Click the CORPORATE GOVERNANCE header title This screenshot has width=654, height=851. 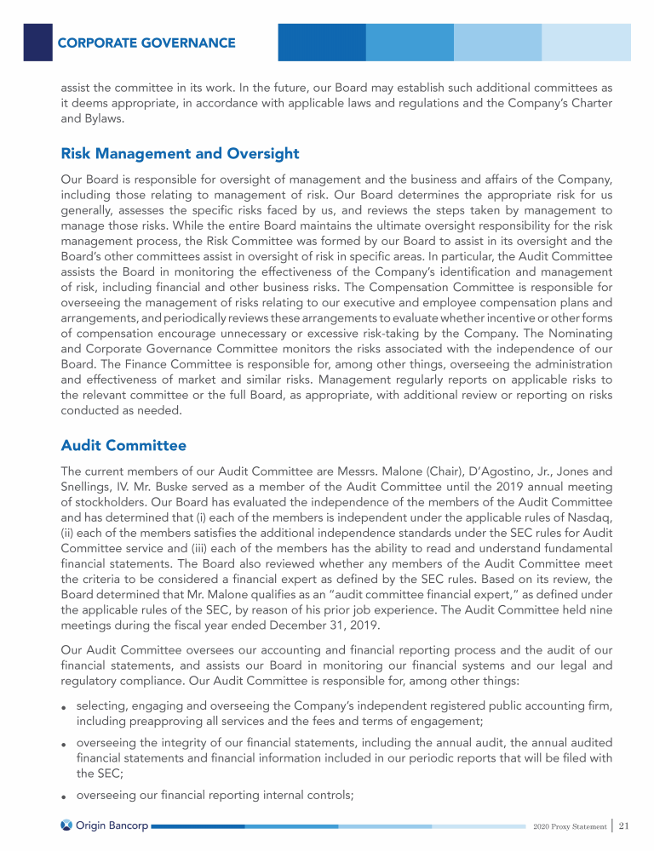[146, 43]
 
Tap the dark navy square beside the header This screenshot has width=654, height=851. [37, 42]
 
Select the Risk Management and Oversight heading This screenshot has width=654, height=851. [180, 154]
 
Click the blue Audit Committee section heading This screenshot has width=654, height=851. [123, 445]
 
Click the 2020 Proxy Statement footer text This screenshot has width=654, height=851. [568, 826]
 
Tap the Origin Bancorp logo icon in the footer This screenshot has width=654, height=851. [66, 825]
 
